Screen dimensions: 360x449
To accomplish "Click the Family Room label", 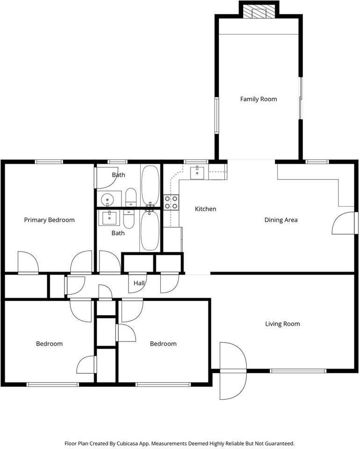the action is [x=259, y=99].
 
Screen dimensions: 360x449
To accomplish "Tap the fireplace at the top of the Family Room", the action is [x=259, y=12].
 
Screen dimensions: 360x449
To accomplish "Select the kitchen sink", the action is [x=197, y=172].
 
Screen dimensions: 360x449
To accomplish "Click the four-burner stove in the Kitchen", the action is [x=171, y=202].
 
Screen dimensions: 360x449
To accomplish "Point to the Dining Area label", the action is [x=281, y=220].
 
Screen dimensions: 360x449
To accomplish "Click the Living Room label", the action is [x=282, y=324].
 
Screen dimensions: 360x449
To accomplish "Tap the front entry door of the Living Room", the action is [x=233, y=371].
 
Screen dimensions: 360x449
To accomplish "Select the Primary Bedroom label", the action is [x=49, y=220].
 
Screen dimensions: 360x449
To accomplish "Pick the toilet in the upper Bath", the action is [x=131, y=197].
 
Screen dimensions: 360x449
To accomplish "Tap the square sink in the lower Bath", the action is [x=109, y=217].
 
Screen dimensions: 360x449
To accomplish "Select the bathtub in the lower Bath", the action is [x=150, y=231].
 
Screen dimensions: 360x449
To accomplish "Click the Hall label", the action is [x=139, y=283].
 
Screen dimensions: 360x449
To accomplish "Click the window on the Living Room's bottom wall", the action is [x=298, y=371].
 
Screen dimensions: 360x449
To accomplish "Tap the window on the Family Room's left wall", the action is [x=216, y=115].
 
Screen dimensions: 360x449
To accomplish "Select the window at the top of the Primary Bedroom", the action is [x=49, y=162].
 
